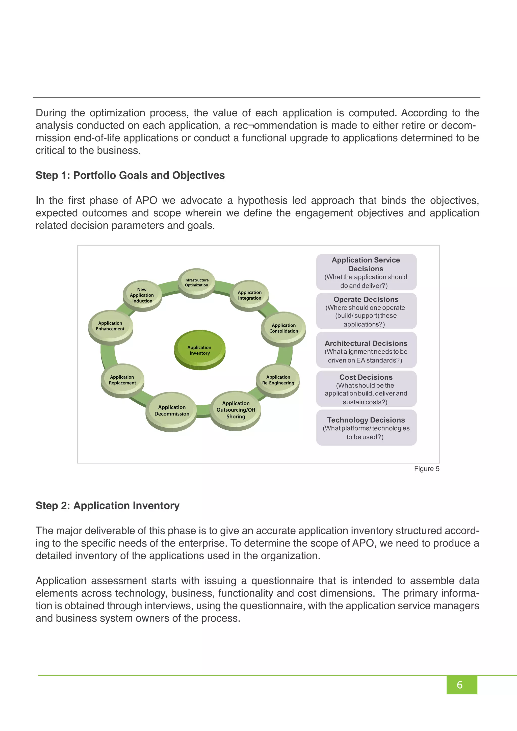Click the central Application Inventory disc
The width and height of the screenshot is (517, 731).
pos(200,350)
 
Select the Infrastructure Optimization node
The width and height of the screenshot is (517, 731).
pos(196,282)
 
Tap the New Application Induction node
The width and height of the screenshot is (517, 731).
pos(142,295)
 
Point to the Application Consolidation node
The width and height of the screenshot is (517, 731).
pos(283,328)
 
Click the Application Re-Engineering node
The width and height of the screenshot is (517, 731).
pos(278,380)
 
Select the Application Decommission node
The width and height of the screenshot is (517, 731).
pos(172,410)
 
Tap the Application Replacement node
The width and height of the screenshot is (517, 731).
pos(122,380)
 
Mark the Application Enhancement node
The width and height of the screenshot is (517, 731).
pos(110,326)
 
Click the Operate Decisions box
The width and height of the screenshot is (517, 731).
pos(366,311)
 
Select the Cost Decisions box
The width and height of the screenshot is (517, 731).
pos(366,389)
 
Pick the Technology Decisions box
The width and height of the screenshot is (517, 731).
pos(366,428)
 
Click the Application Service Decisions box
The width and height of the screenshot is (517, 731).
pos(366,272)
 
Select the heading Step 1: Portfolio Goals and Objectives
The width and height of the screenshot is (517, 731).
pos(130,175)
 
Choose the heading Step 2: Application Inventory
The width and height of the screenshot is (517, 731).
pos(107,506)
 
